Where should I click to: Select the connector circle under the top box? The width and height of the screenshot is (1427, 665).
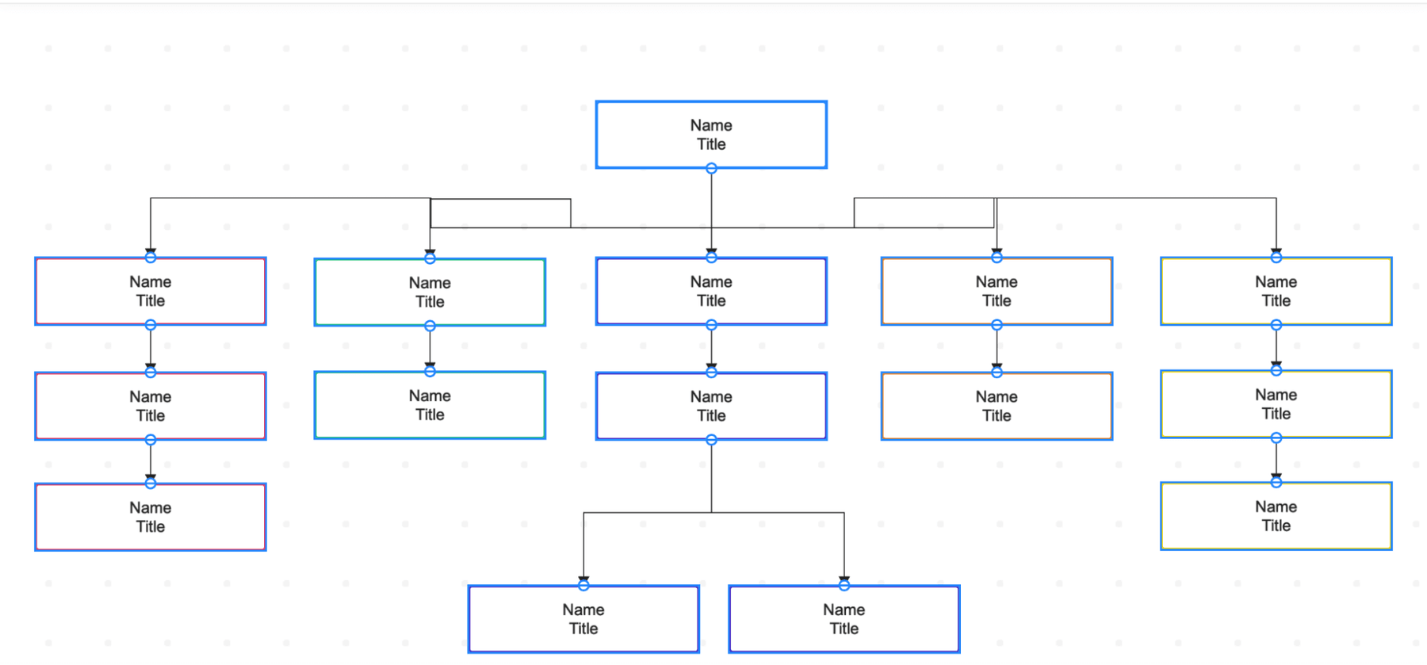[x=711, y=168]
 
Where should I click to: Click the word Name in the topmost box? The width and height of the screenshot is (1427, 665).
[x=711, y=125]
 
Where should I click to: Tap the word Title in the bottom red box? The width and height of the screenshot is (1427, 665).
[x=151, y=526]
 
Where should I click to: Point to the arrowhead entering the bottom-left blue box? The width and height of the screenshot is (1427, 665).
[x=583, y=579]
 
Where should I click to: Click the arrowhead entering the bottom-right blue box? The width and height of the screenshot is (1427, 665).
[x=844, y=579]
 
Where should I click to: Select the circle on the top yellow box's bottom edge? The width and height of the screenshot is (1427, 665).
[x=1276, y=325]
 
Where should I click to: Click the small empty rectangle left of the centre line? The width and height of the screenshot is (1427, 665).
[x=500, y=213]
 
